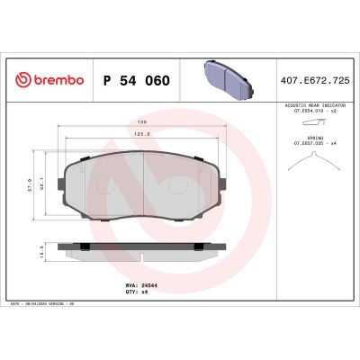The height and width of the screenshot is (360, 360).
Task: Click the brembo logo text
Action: coord(56,80)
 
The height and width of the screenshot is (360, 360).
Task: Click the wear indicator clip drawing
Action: coord(311,123)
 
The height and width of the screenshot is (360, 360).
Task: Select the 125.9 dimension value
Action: coord(142,135)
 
